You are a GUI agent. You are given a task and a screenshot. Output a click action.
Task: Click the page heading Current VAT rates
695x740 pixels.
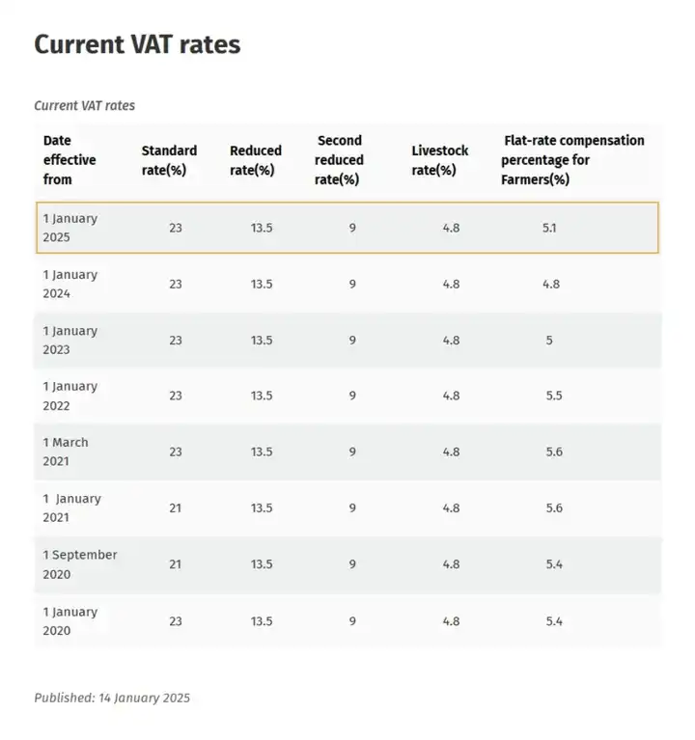click(x=137, y=44)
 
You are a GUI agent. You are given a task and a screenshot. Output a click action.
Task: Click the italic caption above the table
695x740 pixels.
click(x=84, y=105)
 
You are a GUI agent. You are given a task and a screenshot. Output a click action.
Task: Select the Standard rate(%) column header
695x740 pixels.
click(x=169, y=160)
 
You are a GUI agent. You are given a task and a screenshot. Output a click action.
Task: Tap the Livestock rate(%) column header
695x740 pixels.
click(x=439, y=160)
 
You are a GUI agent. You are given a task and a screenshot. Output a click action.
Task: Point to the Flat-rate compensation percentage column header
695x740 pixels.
click(x=572, y=159)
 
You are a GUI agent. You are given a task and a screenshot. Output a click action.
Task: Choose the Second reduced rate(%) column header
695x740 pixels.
click(x=339, y=160)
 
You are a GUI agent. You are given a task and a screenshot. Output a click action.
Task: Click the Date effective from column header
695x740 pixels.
click(x=69, y=160)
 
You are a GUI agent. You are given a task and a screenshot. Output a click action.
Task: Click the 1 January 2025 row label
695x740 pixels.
click(x=70, y=228)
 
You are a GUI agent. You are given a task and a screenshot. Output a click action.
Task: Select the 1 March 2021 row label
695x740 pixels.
click(x=66, y=452)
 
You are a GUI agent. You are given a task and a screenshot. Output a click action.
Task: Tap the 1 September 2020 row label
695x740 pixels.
click(x=80, y=564)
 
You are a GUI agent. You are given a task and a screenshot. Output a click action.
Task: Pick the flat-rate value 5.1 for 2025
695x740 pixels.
click(x=549, y=228)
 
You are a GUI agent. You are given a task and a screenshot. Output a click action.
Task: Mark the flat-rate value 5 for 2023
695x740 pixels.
click(x=549, y=340)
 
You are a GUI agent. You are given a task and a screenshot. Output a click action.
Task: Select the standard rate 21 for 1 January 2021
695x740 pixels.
click(x=175, y=508)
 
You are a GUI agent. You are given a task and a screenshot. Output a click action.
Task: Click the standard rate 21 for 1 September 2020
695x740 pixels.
click(x=175, y=564)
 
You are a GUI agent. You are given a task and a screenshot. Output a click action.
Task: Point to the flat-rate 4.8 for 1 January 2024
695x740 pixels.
click(x=550, y=284)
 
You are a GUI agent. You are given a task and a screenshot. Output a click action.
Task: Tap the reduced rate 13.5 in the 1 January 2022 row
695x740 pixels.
click(x=262, y=396)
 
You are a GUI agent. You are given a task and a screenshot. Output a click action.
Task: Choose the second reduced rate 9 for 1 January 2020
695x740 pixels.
click(x=352, y=621)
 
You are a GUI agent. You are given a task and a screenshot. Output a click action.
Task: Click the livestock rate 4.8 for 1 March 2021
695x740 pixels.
click(x=451, y=452)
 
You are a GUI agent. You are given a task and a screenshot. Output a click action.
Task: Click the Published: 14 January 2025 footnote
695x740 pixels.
click(x=112, y=698)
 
